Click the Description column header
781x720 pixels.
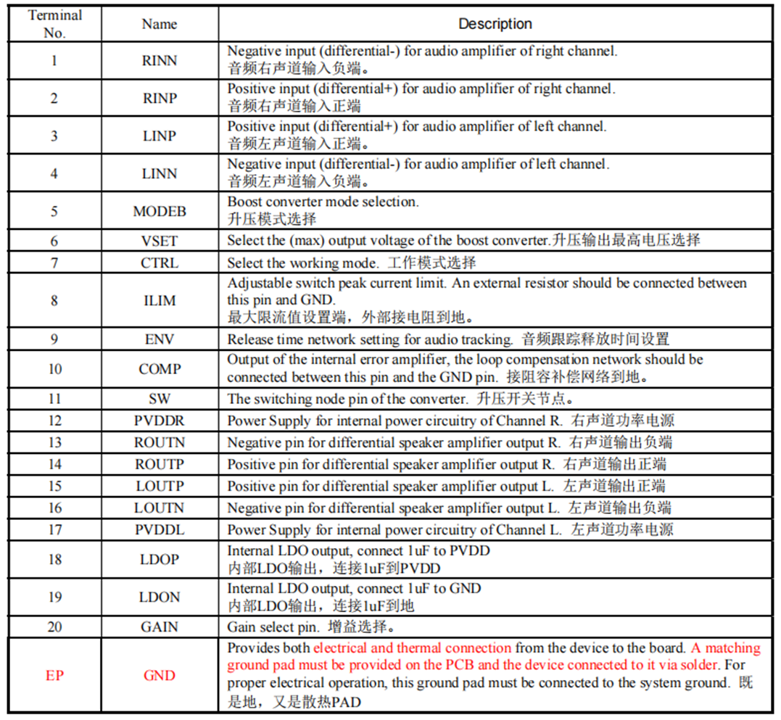[x=495, y=24]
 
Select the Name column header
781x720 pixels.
[x=160, y=24]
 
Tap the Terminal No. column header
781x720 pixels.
[x=54, y=24]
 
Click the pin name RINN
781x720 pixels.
[x=160, y=60]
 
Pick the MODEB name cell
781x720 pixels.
[x=160, y=212]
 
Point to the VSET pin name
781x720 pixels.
[x=160, y=241]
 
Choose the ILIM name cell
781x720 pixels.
[x=160, y=300]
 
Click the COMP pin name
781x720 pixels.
[x=160, y=369]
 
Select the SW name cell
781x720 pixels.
[x=160, y=399]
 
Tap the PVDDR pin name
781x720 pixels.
[x=160, y=421]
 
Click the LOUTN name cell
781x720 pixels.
[x=160, y=508]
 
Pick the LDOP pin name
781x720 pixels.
[x=160, y=560]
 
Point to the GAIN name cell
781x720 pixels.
[x=160, y=626]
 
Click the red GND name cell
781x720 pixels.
[x=160, y=676]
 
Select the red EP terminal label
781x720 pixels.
[x=54, y=676]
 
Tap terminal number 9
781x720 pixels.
[x=54, y=339]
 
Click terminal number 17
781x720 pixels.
[x=54, y=530]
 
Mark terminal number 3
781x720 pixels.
[x=54, y=136]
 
